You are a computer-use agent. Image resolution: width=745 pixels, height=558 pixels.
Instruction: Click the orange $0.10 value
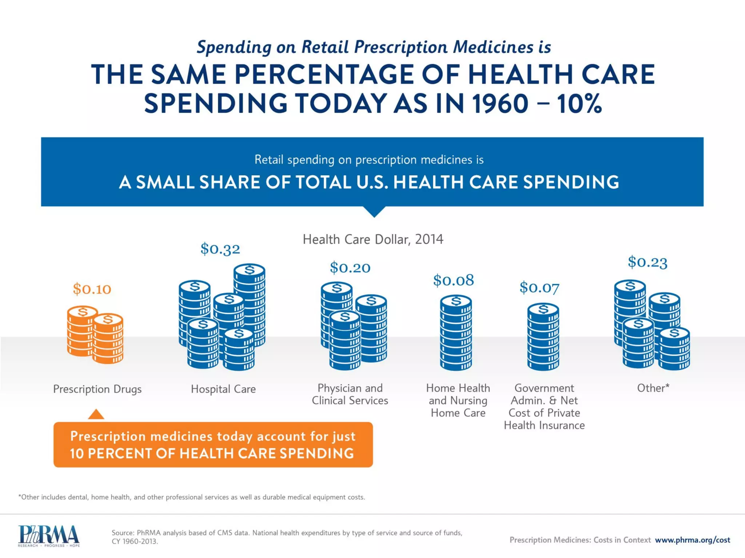[92, 289]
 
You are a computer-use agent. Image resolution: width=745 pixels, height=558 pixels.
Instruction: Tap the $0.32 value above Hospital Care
[220, 249]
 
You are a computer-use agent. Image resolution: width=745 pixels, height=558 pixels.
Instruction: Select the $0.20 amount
[350, 268]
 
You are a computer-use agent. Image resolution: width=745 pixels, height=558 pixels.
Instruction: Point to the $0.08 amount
[453, 280]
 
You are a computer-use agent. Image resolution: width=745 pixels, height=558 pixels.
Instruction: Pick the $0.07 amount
[539, 288]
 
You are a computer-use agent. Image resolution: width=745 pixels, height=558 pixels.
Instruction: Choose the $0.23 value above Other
[648, 262]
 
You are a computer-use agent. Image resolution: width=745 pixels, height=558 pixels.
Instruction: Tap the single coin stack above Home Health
[456, 333]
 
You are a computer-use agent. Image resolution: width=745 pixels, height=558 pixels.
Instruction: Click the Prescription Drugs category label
[97, 389]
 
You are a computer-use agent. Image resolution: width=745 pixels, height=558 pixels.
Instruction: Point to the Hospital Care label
[223, 389]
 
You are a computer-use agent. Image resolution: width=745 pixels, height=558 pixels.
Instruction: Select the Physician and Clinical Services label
[350, 394]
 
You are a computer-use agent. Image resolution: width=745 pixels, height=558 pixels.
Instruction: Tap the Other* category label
[653, 388]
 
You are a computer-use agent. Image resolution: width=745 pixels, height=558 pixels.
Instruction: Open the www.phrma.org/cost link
[692, 540]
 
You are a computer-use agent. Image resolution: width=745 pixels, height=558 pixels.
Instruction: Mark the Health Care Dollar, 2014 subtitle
[373, 239]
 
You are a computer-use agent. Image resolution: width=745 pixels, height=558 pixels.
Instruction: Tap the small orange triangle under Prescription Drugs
[96, 415]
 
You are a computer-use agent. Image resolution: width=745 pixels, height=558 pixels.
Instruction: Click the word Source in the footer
[123, 533]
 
